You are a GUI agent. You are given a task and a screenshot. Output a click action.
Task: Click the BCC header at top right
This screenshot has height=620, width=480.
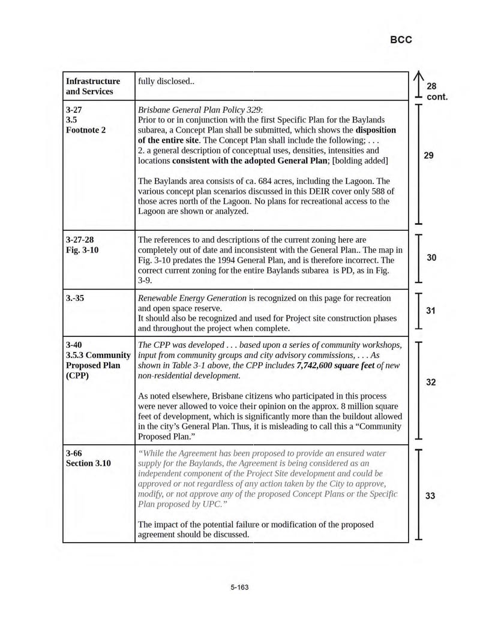coord(401,40)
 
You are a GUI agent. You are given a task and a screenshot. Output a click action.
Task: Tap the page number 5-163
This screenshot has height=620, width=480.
coord(239,587)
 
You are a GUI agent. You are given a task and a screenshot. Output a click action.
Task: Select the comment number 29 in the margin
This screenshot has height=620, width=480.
coord(428,155)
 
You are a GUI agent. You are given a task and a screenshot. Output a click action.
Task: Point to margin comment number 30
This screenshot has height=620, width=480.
coord(431,258)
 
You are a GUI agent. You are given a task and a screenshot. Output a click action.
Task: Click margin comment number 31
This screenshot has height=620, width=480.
coord(431,311)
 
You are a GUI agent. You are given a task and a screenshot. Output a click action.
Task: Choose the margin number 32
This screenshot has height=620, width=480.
coord(431,383)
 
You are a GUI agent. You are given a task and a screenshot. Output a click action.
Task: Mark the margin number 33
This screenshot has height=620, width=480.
coord(431,496)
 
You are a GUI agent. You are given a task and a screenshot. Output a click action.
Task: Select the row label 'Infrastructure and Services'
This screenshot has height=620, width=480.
coord(93,86)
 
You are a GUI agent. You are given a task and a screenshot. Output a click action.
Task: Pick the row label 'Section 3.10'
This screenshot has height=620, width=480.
coord(89,463)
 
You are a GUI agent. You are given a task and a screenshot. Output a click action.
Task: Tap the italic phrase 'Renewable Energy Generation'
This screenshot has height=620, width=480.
coord(192,298)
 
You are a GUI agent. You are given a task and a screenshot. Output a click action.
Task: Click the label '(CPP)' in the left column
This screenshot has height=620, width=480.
coord(79,376)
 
